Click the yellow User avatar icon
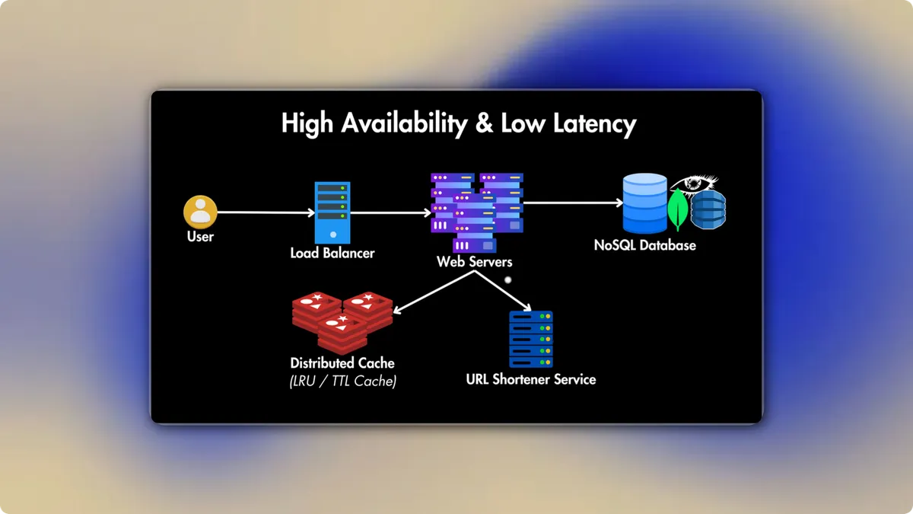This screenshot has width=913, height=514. (x=201, y=212)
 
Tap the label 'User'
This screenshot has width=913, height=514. (x=200, y=237)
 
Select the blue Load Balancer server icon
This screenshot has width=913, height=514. (x=332, y=212)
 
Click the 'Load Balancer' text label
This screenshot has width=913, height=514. (x=332, y=253)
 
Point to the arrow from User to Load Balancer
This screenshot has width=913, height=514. (x=266, y=212)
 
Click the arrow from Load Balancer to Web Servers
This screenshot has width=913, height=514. (x=390, y=213)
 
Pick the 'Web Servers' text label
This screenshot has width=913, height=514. (x=474, y=262)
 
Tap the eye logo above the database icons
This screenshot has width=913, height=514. (x=693, y=185)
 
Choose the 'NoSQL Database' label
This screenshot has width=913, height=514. (x=644, y=246)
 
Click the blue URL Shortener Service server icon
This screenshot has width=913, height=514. (x=530, y=340)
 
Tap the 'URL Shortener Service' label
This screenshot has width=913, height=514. (x=530, y=379)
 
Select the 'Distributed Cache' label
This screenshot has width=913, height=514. (x=342, y=363)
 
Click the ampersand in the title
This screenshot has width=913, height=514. (x=484, y=123)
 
